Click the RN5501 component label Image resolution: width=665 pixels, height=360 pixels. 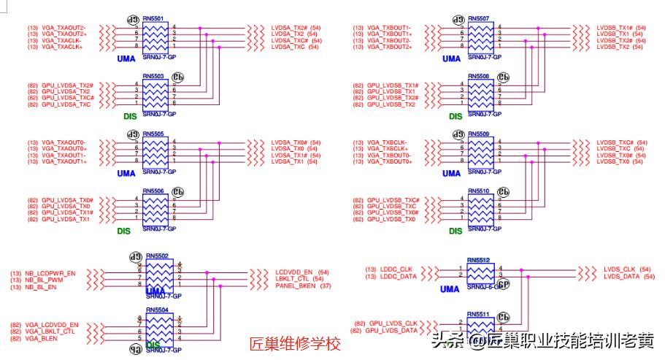[153, 18]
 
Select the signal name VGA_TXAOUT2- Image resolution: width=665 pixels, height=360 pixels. [64, 28]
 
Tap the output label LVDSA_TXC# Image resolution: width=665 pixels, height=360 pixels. [289, 40]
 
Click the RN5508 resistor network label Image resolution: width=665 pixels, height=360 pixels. [479, 75]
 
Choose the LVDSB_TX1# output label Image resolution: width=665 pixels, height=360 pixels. [615, 28]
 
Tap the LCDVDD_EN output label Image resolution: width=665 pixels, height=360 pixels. [293, 272]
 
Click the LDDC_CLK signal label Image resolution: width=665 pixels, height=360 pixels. [396, 269]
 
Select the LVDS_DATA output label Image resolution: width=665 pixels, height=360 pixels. [620, 276]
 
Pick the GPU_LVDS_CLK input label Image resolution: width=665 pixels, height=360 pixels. [393, 323]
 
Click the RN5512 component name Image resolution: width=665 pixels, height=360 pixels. [479, 258]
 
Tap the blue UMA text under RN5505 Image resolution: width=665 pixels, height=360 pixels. [126, 173]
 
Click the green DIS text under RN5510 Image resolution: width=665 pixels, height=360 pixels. [455, 231]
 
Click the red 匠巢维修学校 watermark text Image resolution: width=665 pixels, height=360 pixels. [295, 343]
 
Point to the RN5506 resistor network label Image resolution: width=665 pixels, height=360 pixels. [153, 191]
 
